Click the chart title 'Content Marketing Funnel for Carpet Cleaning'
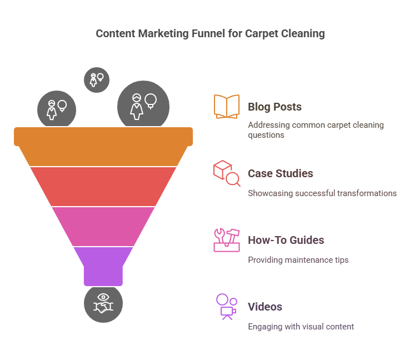(210, 34)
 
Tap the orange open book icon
(227, 106)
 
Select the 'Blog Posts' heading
(275, 107)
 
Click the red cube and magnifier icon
(227, 173)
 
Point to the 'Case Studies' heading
(281, 173)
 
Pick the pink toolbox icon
(227, 240)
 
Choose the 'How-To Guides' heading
(286, 240)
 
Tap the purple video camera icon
(227, 307)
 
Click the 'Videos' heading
(265, 307)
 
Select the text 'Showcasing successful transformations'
(322, 193)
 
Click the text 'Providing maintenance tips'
(298, 260)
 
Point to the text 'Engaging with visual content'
(301, 327)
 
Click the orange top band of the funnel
(103, 147)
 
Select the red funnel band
(103, 187)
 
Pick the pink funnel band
(103, 227)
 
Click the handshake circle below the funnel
(103, 303)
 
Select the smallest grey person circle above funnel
(97, 80)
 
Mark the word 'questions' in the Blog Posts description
(266, 135)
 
